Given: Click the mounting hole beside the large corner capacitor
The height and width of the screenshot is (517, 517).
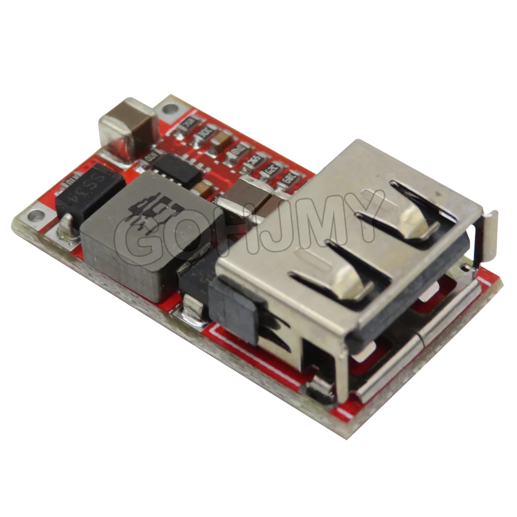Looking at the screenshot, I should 169,109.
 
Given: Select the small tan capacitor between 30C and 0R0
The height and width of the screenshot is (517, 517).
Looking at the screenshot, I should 223,139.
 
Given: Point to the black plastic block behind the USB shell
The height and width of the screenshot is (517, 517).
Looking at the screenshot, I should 233,308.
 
